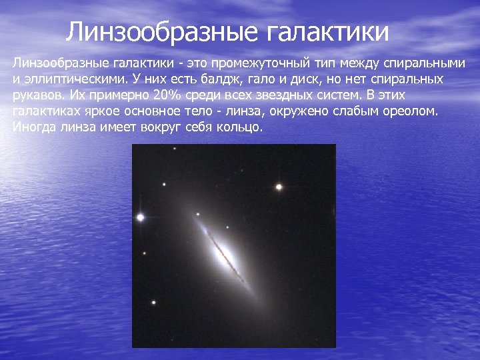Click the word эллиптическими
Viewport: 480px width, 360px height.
click(x=75, y=79)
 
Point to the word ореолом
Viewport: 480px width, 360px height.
click(x=411, y=111)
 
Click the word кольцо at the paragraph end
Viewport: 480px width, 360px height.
click(x=239, y=127)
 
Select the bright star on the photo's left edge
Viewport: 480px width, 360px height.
click(x=140, y=217)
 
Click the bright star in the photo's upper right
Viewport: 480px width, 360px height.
click(x=279, y=187)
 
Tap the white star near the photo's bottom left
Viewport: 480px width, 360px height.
click(x=154, y=303)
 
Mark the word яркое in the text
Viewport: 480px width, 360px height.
click(x=102, y=111)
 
